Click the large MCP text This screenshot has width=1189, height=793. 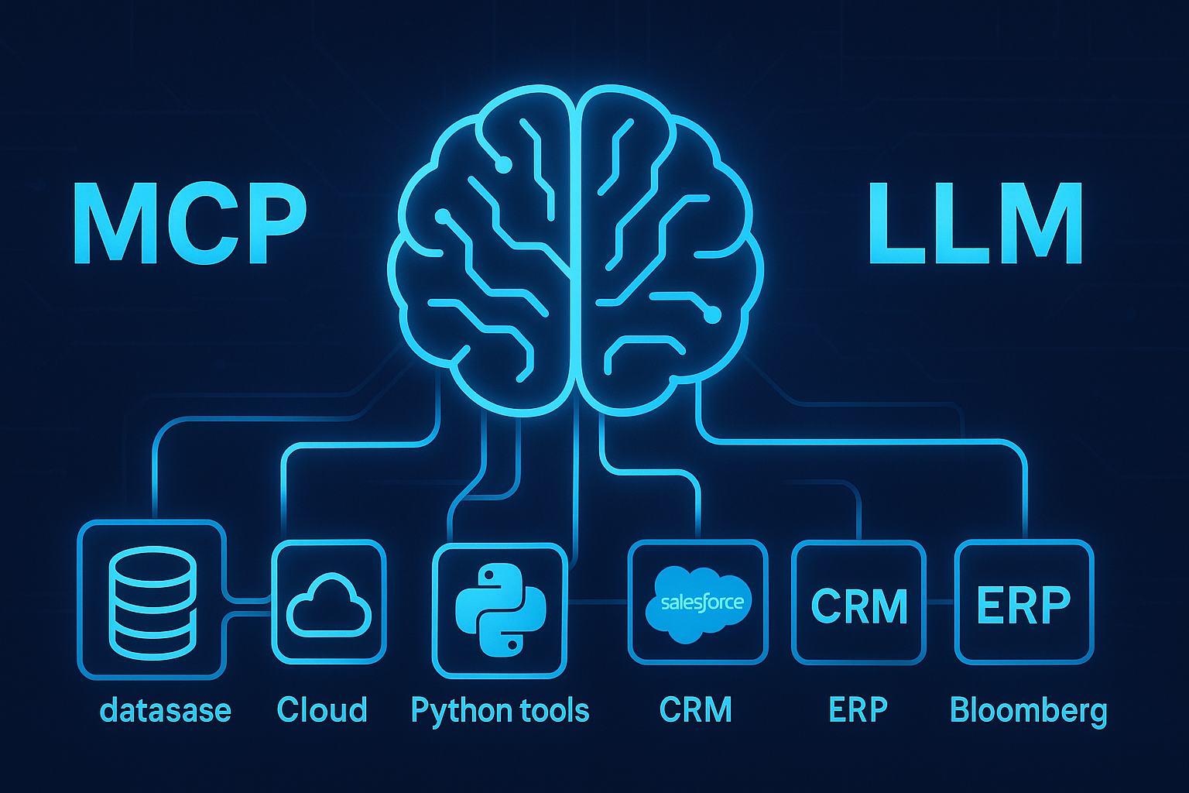coord(190,224)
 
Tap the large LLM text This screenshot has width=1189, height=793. coord(975,224)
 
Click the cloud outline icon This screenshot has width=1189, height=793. coord(329,605)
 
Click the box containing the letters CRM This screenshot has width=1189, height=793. coord(859,603)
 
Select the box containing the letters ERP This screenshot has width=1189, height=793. coord(1024,603)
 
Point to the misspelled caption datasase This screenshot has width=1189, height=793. coord(166,710)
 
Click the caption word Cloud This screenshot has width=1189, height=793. coord(322,710)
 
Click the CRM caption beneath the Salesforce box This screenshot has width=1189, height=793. coord(696,710)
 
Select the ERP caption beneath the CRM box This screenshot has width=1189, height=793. coord(858,710)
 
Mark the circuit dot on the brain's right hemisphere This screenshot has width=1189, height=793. coord(713,315)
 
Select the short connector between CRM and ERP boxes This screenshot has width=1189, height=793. coord(941,602)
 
